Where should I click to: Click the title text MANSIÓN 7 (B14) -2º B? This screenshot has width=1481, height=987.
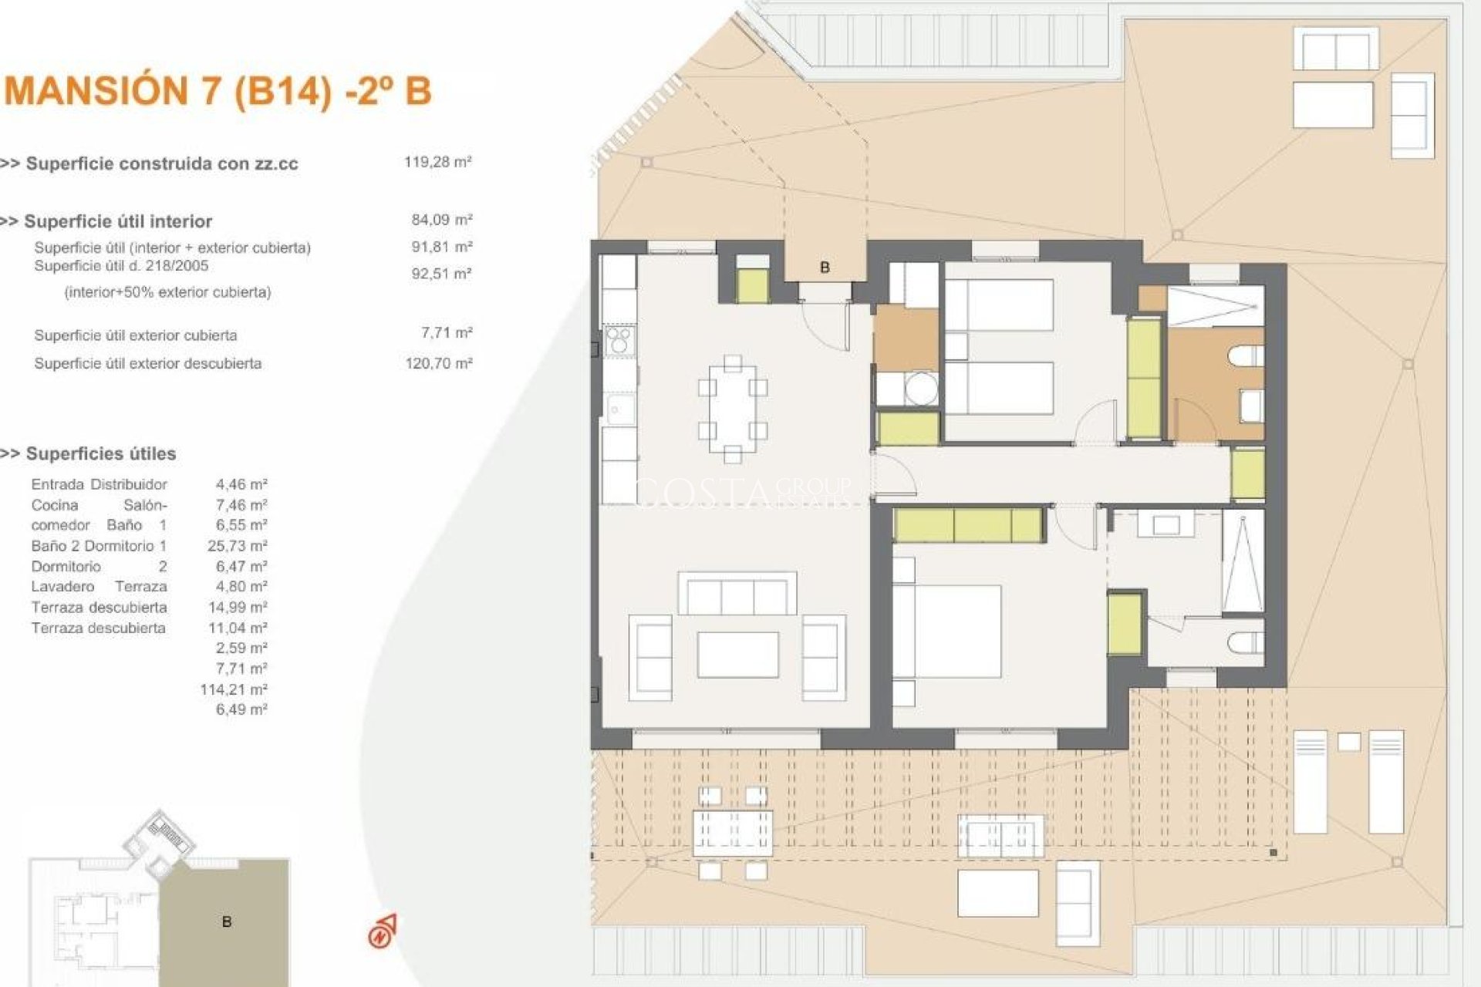[x=218, y=91]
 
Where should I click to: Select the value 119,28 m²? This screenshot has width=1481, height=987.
[x=437, y=162]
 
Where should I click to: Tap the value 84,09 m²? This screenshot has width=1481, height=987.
[x=441, y=220]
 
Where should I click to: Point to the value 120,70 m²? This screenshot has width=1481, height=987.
[x=438, y=363]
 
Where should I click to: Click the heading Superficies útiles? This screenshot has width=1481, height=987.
[x=100, y=453]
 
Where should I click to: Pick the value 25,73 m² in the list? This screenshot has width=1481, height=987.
[x=237, y=546]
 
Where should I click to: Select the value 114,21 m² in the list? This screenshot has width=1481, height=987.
[x=233, y=689]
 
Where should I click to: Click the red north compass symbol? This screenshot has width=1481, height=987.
[x=382, y=931]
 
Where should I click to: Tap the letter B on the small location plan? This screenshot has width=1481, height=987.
[x=226, y=922]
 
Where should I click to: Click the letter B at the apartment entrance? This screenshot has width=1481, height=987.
[x=825, y=268]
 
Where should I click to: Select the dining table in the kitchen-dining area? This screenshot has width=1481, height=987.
[x=733, y=409]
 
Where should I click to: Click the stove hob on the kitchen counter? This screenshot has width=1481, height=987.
[x=619, y=341]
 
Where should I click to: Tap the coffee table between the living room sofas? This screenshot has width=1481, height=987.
[x=737, y=655]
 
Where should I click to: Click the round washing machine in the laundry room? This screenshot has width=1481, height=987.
[x=920, y=389]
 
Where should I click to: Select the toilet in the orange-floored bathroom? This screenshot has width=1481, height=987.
[x=1245, y=357]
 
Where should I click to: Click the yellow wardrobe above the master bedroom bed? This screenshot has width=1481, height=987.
[x=969, y=525]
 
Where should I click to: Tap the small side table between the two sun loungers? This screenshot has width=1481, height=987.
[x=1349, y=742]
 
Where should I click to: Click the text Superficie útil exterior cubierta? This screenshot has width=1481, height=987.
[x=135, y=335]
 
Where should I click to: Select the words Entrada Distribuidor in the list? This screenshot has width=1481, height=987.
[x=99, y=484]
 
